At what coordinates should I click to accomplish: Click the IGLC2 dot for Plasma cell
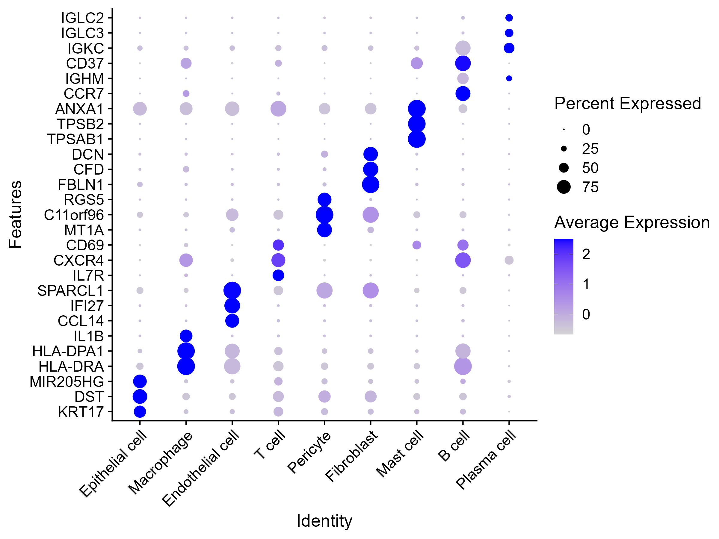(x=509, y=18)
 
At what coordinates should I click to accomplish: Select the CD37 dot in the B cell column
(x=463, y=63)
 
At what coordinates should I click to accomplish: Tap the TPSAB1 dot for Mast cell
(x=417, y=139)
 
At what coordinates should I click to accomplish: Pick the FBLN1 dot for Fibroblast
(x=371, y=184)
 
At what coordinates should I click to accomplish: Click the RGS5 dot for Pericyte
(x=324, y=199)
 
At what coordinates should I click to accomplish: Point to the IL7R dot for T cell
(x=278, y=275)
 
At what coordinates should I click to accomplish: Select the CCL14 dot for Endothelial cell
(x=232, y=321)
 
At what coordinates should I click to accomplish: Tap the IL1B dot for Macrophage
(x=186, y=336)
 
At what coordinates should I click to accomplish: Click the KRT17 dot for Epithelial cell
(x=140, y=412)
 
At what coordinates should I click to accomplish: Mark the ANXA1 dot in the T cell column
(x=278, y=108)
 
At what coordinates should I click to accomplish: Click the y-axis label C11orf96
(x=74, y=215)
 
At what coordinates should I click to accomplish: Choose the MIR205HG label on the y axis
(x=67, y=382)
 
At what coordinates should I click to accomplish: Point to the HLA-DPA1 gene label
(x=68, y=351)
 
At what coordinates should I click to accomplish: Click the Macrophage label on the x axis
(x=161, y=463)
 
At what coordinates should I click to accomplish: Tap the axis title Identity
(x=324, y=520)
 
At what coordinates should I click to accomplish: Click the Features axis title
(x=15, y=214)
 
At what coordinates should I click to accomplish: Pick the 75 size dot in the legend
(x=564, y=187)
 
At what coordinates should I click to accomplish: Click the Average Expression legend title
(x=632, y=222)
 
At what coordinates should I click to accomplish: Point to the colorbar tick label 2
(x=586, y=254)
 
